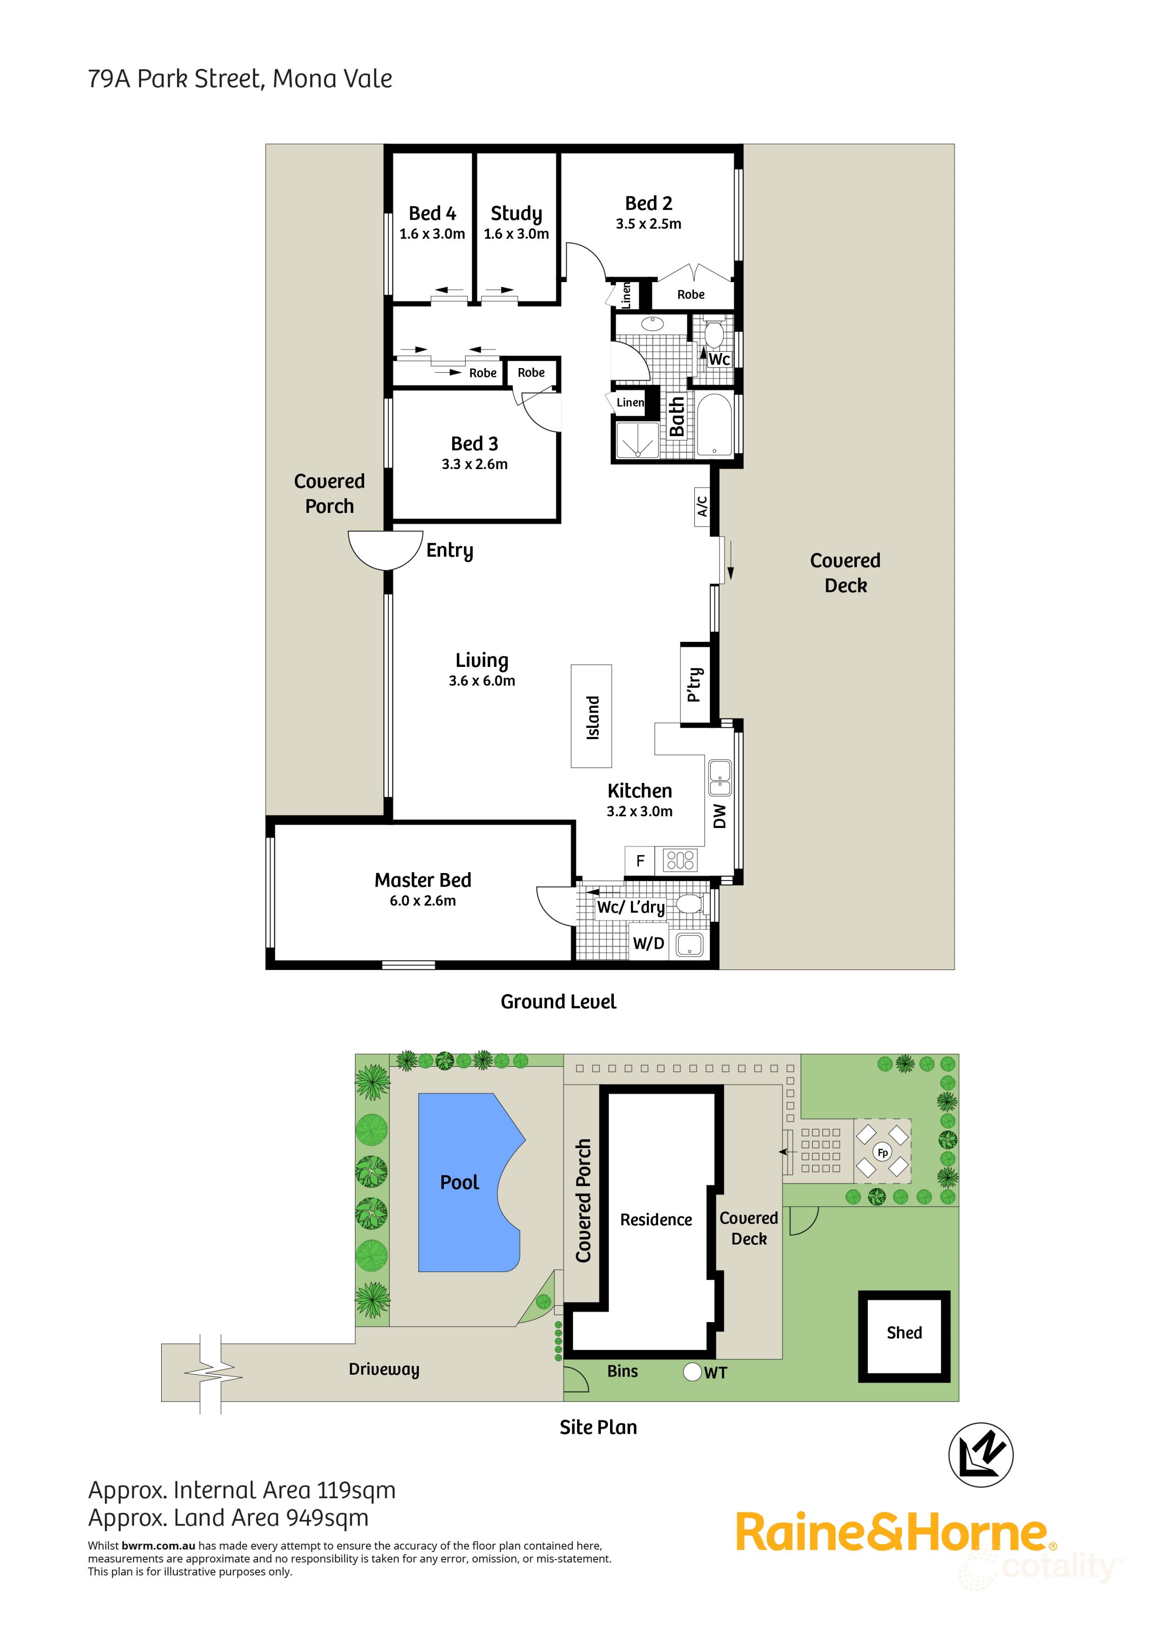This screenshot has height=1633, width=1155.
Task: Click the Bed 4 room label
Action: tap(432, 213)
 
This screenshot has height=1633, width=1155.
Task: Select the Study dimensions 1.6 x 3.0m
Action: tap(516, 234)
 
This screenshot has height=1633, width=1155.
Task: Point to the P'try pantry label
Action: tap(695, 684)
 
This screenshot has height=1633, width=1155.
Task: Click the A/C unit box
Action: tap(702, 506)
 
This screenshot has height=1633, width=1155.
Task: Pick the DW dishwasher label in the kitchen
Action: tap(720, 816)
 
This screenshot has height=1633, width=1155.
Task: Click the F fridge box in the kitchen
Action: tap(640, 860)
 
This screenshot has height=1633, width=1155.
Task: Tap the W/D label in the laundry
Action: tap(648, 944)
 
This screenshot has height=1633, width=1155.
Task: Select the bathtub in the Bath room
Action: tap(714, 424)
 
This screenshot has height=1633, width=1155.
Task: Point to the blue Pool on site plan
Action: tap(460, 1182)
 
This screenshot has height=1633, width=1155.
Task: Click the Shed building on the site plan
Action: tap(904, 1333)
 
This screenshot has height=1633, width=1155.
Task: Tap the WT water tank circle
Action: tap(692, 1372)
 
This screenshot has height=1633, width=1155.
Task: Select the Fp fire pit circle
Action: tap(883, 1153)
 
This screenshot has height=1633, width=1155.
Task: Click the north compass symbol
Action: tap(981, 1454)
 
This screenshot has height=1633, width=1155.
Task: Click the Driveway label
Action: tap(384, 1369)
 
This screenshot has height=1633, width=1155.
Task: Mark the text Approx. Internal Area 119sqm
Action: tap(241, 1490)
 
